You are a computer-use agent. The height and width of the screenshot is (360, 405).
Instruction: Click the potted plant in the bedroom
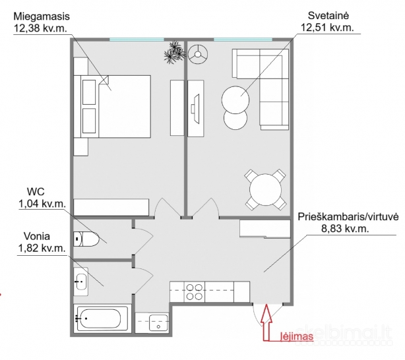click(173, 53)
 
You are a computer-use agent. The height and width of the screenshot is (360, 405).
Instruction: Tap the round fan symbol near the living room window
click(197, 53)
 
